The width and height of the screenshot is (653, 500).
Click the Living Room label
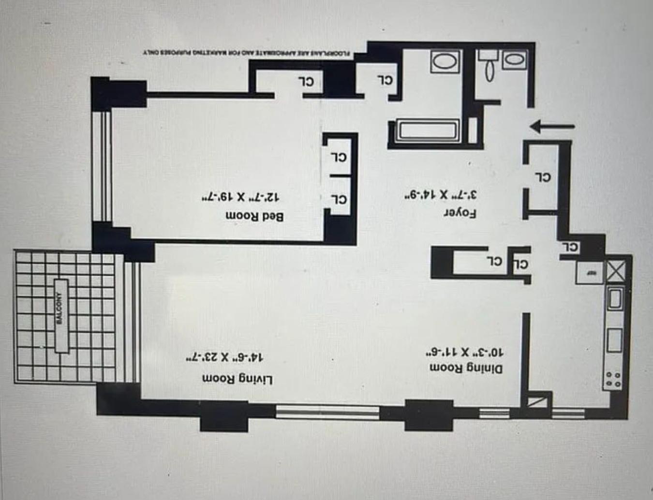(x=237, y=379)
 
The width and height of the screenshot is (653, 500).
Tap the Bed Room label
(x=254, y=216)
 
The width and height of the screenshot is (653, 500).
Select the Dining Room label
(x=466, y=368)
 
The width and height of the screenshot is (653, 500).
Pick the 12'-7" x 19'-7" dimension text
(x=241, y=197)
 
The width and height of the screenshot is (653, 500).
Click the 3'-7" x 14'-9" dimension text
(x=441, y=195)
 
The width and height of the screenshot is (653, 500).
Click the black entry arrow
(x=552, y=127)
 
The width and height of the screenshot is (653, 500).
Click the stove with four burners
(x=613, y=379)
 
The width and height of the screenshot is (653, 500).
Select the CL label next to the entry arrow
(x=543, y=177)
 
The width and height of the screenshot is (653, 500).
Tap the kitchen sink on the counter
(x=615, y=298)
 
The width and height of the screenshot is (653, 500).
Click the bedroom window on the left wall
(x=103, y=166)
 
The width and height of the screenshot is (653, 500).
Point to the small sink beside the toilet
(x=515, y=60)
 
